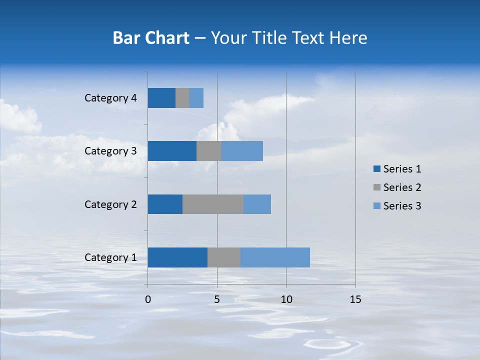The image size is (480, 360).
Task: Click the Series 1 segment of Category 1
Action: click(x=177, y=257)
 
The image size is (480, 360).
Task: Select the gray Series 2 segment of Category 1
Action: click(x=224, y=257)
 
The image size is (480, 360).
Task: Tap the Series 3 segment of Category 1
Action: click(x=275, y=257)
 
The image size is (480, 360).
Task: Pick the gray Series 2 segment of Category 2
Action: click(x=213, y=204)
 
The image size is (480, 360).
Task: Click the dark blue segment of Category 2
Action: click(x=165, y=204)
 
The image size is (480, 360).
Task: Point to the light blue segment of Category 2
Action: click(x=257, y=204)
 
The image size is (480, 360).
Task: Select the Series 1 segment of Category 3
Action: click(x=172, y=151)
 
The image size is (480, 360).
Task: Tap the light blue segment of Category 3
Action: click(x=242, y=151)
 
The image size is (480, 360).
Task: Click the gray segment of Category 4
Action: click(x=182, y=98)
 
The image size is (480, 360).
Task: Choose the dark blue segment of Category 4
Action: click(x=161, y=98)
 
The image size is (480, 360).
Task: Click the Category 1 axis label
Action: click(x=110, y=257)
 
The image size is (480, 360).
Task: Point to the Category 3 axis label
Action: click(x=110, y=151)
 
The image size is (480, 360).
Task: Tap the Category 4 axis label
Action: click(x=110, y=98)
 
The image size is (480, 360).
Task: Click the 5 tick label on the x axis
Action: click(x=217, y=299)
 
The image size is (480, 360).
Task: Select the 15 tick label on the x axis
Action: click(x=355, y=299)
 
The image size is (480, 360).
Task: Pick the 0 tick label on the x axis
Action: click(x=147, y=299)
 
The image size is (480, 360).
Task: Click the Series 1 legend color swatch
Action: click(x=376, y=169)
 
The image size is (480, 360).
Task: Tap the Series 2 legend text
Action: click(x=402, y=187)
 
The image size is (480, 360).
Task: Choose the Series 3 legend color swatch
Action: click(x=376, y=206)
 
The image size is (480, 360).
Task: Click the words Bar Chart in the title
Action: click(x=151, y=38)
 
